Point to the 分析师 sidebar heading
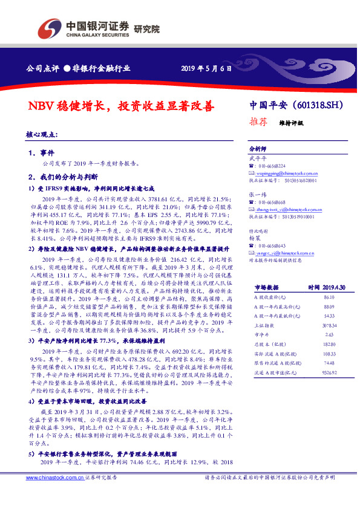click(258, 148)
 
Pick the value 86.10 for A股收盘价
click(329, 281)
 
